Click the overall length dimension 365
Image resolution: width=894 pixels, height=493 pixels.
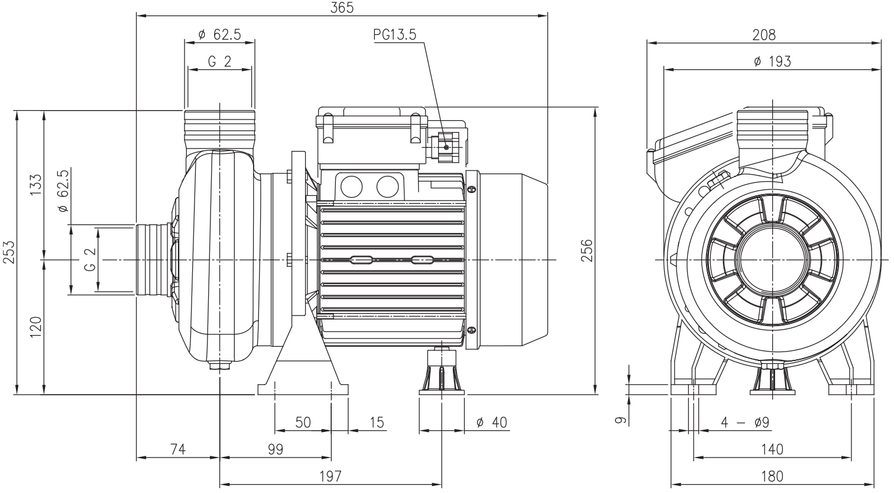[x=342, y=8]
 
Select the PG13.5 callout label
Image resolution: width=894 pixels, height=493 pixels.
[x=394, y=35]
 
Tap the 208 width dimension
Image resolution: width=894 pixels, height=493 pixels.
[x=763, y=35]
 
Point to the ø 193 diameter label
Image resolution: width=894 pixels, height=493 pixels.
[x=772, y=61]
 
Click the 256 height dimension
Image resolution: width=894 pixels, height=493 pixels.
[x=587, y=250]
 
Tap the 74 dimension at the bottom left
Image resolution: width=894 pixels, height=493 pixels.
[x=178, y=450]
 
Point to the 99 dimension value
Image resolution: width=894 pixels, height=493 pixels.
[x=275, y=450]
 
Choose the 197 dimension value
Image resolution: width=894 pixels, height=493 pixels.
[x=331, y=476]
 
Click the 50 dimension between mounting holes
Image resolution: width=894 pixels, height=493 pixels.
[x=303, y=423]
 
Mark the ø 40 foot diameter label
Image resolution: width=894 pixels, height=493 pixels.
[x=491, y=423]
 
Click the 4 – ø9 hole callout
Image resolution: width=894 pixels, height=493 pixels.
[x=744, y=423]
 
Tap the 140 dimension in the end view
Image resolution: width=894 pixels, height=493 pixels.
[x=772, y=450]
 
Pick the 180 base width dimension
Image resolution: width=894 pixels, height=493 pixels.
[x=772, y=476]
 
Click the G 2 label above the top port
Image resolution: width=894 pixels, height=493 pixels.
[x=219, y=62]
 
